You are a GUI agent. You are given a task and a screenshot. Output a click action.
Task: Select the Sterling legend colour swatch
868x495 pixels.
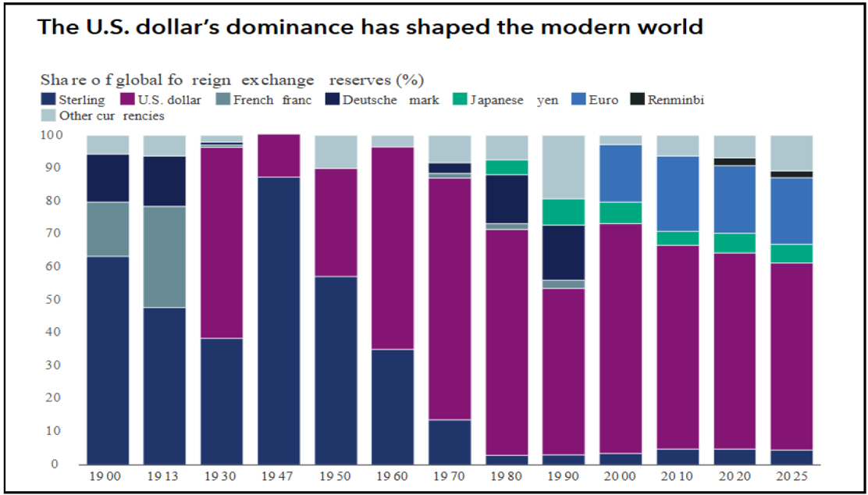pos(48,100)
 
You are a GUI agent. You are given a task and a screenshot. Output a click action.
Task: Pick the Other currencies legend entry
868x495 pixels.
pos(103,116)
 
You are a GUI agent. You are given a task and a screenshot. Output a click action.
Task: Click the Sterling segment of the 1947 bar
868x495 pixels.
pos(279,321)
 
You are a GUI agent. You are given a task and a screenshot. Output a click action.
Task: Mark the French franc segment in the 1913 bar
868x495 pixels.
pos(165,256)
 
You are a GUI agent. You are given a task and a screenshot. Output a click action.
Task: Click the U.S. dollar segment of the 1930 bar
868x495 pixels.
pos(222,243)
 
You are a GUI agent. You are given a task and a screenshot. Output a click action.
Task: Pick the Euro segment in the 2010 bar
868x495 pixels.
pos(678,194)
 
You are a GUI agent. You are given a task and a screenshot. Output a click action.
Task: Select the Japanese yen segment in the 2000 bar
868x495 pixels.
pos(621,212)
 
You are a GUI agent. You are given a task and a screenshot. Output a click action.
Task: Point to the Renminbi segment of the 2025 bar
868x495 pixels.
pos(792,174)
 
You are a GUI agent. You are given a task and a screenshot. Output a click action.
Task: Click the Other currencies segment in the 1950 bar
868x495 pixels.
pos(336,151)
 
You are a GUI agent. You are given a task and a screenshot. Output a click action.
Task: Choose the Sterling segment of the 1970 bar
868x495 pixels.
pos(450,442)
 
